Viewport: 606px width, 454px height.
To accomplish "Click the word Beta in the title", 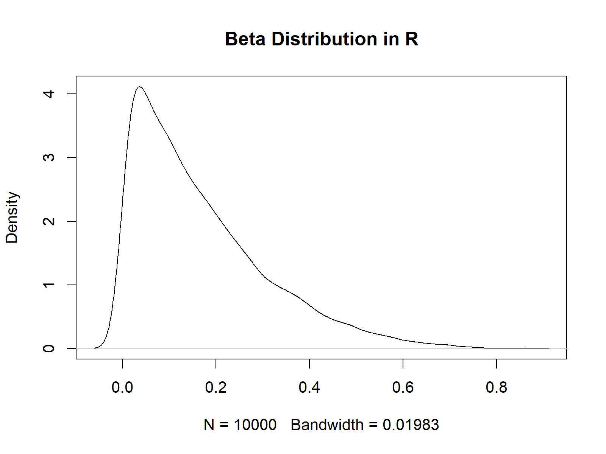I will click(x=245, y=39).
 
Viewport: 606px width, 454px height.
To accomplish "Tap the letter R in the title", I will click(x=411, y=39).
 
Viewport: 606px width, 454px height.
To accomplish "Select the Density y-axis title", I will click(x=12, y=218).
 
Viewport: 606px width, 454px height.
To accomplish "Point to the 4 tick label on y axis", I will click(x=49, y=94).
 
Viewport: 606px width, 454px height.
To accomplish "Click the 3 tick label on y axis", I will click(x=49, y=157).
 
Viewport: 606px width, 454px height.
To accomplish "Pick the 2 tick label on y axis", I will click(x=49, y=221).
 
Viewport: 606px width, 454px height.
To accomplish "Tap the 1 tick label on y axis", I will click(x=49, y=285).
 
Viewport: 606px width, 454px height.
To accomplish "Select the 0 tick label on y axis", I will click(x=49, y=348).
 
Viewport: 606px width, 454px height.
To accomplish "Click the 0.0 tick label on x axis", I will click(x=122, y=387).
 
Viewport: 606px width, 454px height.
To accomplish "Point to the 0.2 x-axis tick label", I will click(x=216, y=387).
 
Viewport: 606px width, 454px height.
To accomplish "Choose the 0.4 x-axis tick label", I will click(x=309, y=387).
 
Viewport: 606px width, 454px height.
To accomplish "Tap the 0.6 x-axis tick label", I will click(x=403, y=387).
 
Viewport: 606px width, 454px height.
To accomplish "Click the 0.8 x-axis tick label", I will click(x=497, y=387).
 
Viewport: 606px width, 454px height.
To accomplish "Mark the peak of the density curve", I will click(x=140, y=87).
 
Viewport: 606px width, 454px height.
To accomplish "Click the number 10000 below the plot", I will click(x=255, y=425).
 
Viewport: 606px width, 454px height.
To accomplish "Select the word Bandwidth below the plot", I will click(x=327, y=425).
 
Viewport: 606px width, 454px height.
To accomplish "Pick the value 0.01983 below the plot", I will click(x=411, y=425).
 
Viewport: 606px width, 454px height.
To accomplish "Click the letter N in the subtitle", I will click(x=209, y=425).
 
